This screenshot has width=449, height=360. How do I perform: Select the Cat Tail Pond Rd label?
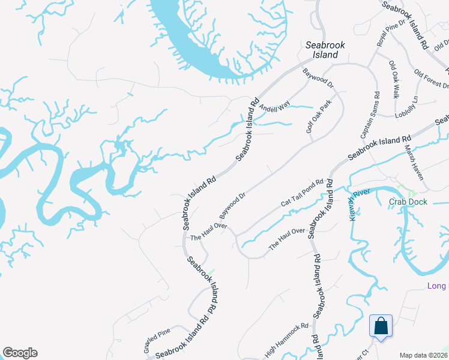[302, 193]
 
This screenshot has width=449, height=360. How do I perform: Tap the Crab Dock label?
[408, 202]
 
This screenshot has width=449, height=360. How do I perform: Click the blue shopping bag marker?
[381, 326]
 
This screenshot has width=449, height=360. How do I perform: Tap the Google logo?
[20, 353]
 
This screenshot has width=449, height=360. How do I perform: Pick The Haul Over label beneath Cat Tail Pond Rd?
[287, 239]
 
